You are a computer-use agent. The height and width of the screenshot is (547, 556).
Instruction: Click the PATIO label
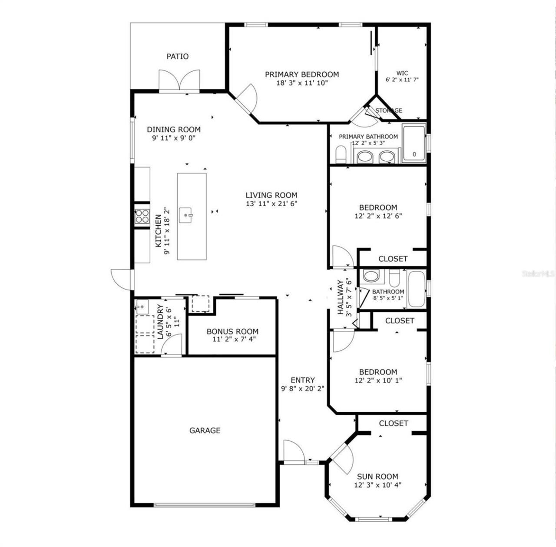(x=178, y=57)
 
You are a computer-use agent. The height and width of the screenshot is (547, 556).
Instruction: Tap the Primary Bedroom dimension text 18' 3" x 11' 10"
(x=302, y=83)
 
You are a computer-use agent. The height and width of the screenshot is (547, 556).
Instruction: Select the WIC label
(x=402, y=73)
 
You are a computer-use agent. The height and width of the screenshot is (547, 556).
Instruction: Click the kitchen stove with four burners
(x=142, y=216)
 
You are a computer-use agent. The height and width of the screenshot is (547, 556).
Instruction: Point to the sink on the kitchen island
(x=188, y=214)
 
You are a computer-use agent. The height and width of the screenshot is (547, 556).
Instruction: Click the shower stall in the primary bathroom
(x=414, y=143)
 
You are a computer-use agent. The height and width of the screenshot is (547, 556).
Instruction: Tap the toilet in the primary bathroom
(x=341, y=154)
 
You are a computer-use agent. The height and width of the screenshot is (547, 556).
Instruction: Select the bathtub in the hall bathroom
(x=417, y=289)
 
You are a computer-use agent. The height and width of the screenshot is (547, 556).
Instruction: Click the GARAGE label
(x=205, y=430)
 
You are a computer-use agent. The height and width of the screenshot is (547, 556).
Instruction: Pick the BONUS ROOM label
(x=232, y=331)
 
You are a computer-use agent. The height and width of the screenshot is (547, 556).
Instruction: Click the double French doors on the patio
(x=179, y=80)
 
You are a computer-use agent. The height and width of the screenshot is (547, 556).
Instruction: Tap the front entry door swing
(x=294, y=451)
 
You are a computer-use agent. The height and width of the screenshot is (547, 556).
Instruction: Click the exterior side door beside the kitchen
(x=121, y=280)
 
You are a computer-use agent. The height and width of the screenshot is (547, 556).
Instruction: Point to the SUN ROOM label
(x=377, y=477)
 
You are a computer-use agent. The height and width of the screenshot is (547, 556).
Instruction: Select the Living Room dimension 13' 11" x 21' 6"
(x=271, y=203)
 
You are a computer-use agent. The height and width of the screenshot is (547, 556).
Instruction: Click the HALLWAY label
(x=340, y=297)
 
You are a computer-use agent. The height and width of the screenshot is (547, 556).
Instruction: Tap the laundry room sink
(x=142, y=307)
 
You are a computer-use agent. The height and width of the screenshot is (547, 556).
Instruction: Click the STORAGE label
(x=389, y=110)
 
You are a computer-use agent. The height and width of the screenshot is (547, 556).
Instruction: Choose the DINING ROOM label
(x=174, y=130)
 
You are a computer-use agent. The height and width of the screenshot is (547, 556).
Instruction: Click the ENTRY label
(x=303, y=380)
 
